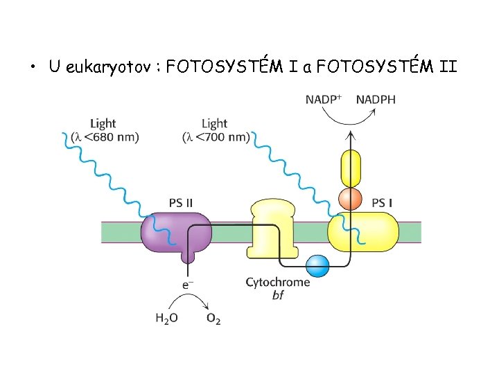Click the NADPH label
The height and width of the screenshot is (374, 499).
click(376, 100)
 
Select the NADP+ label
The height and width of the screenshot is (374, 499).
click(324, 100)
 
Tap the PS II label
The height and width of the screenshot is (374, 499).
click(181, 203)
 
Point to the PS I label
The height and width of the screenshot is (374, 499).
click(383, 203)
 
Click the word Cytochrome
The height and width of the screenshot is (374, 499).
click(278, 283)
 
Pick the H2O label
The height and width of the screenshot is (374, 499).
click(166, 319)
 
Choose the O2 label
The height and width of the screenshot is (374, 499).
click(213, 319)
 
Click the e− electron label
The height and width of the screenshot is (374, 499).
click(187, 284)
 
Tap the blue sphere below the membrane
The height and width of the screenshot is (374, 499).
click(317, 265)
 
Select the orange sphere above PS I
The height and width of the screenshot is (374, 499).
click(351, 199)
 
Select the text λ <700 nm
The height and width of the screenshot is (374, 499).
click(216, 137)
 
